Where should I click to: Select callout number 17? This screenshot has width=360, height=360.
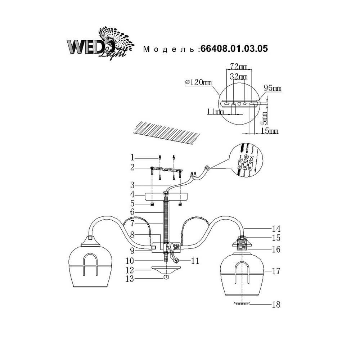point(276,271)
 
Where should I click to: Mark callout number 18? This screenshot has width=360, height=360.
point(276,305)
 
